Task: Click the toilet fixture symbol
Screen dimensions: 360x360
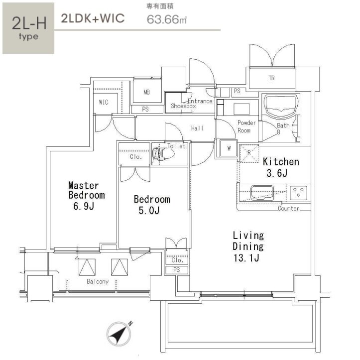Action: click(x=163, y=153)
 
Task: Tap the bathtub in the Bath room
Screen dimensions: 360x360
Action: click(x=280, y=106)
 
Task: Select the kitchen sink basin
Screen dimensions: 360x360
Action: click(x=262, y=193)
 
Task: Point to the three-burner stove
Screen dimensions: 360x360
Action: click(x=298, y=192)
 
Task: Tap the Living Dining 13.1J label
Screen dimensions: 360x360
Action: click(x=248, y=246)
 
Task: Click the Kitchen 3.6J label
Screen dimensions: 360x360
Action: click(x=281, y=167)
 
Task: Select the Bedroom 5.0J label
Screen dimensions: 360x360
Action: click(x=152, y=205)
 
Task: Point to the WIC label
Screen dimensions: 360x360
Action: click(x=104, y=102)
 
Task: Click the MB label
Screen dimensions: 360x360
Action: click(x=146, y=92)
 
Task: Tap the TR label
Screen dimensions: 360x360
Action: click(x=271, y=78)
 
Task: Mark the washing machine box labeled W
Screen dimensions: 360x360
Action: click(x=229, y=148)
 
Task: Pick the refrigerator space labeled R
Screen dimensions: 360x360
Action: click(x=249, y=153)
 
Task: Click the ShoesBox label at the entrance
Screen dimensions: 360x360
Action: click(x=183, y=106)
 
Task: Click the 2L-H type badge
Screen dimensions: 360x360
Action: click(x=28, y=28)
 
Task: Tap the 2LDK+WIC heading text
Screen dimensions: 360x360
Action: click(x=93, y=18)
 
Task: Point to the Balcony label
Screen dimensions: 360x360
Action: click(x=98, y=281)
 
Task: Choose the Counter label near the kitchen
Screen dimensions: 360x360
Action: click(x=289, y=209)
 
